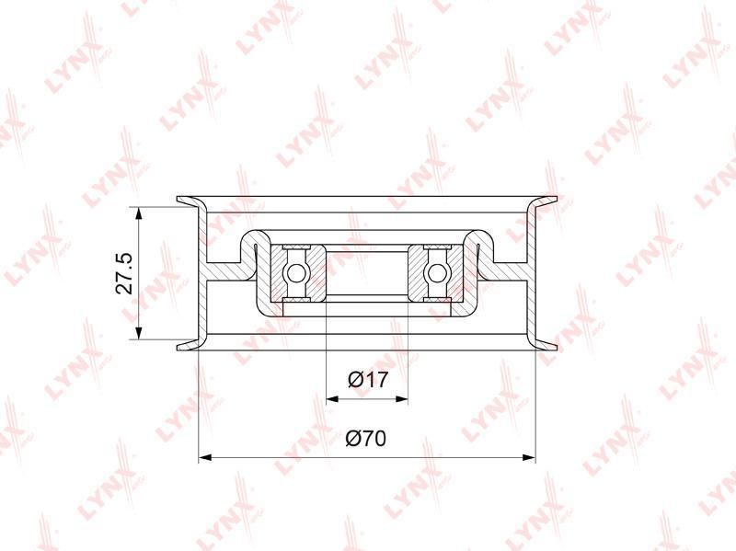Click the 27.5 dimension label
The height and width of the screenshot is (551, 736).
(x=125, y=272)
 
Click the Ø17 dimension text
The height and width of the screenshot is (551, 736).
(x=369, y=379)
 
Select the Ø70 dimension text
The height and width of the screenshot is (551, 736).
(x=365, y=439)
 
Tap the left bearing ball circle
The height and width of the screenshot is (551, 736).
(x=296, y=272)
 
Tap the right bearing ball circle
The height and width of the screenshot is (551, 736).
(x=437, y=272)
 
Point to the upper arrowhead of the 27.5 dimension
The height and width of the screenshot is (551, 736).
(x=138, y=213)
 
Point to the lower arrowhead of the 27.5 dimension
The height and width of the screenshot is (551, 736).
(x=138, y=332)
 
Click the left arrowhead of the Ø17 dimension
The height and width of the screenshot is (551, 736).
(x=332, y=399)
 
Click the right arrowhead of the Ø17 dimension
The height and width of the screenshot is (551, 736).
(x=401, y=399)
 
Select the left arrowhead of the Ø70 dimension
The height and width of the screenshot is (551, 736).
(x=205, y=456)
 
